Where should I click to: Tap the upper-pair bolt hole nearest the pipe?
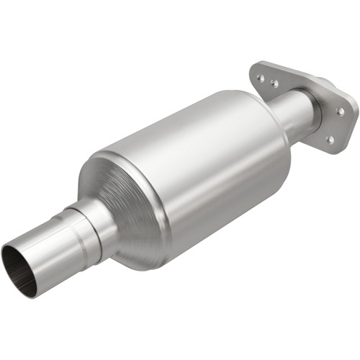pyautogui.click(x=275, y=84)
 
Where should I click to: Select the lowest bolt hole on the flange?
pyautogui.click(x=329, y=140)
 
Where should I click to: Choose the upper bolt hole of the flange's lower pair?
pyautogui.click(x=338, y=112)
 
